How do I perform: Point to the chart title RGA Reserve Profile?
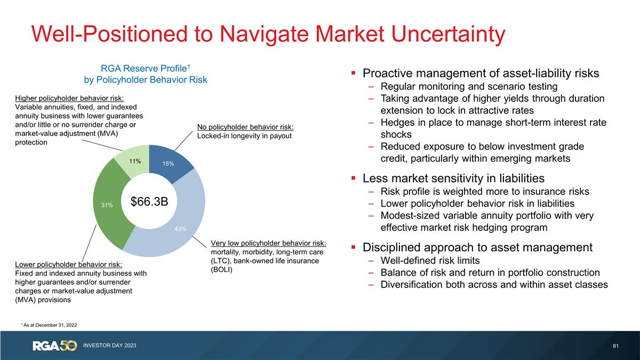click(145, 68)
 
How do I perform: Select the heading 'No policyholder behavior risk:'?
click(246, 126)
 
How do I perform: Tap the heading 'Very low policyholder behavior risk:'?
click(268, 243)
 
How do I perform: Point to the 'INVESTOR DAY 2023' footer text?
click(109, 346)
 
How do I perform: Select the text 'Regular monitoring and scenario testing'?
click(469, 86)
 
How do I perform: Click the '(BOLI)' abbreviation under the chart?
click(222, 269)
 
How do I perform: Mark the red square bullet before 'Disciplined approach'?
click(354, 248)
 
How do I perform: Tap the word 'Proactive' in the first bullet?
click(388, 73)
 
